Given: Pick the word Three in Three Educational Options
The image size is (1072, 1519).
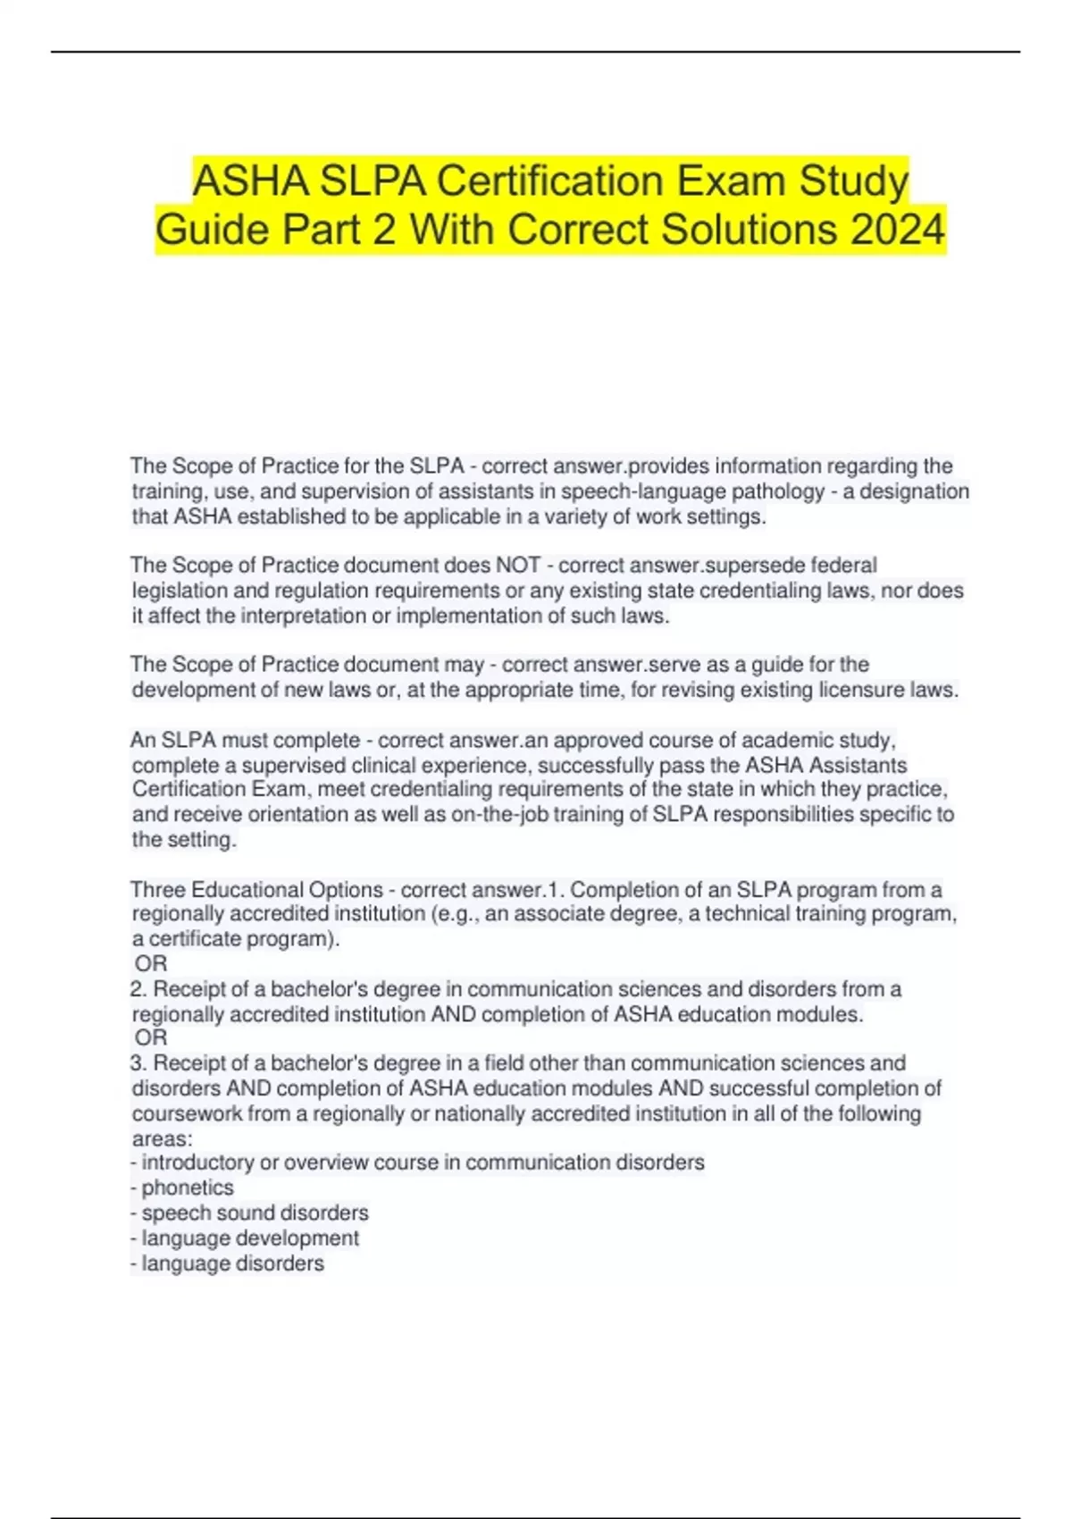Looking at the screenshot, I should pyautogui.click(x=157, y=890).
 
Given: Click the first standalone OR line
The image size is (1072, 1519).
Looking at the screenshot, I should pyautogui.click(x=150, y=963).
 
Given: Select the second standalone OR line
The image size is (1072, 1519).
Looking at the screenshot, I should pyautogui.click(x=150, y=1037).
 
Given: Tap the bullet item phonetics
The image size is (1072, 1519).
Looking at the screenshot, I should pyautogui.click(x=187, y=1188).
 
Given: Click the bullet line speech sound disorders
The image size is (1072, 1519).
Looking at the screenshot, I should pyautogui.click(x=255, y=1213).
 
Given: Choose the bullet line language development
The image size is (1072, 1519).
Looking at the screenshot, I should pyautogui.click(x=250, y=1238).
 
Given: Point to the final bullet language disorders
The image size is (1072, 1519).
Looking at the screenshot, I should pyautogui.click(x=232, y=1263).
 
